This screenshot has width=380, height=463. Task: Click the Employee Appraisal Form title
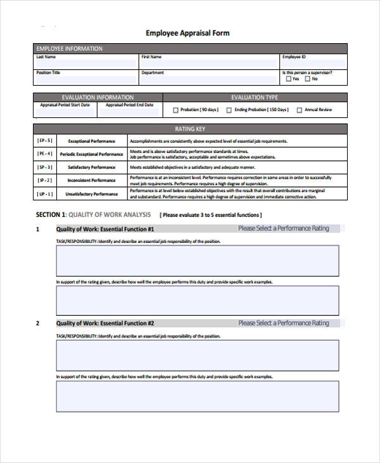pyautogui.click(x=187, y=33)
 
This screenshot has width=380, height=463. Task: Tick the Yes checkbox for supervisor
pyautogui.click(x=288, y=79)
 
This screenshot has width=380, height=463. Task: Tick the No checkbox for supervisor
pyautogui.click(x=307, y=79)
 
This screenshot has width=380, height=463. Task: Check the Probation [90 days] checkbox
pyautogui.click(x=175, y=110)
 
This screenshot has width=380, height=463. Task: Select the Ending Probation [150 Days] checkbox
pyautogui.click(x=229, y=110)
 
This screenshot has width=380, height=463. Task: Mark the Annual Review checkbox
pyautogui.click(x=299, y=110)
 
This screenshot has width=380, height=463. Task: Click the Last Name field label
pyautogui.click(x=46, y=57)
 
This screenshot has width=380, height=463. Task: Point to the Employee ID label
pyautogui.click(x=294, y=57)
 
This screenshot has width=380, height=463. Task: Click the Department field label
pyautogui.click(x=153, y=73)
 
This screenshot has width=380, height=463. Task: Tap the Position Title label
pyautogui.click(x=49, y=73)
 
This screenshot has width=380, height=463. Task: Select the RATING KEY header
pyautogui.click(x=189, y=129)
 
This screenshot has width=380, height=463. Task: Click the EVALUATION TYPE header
pyautogui.click(x=255, y=97)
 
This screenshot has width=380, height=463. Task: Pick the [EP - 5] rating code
pyautogui.click(x=45, y=140)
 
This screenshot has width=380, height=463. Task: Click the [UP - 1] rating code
pyautogui.click(x=45, y=194)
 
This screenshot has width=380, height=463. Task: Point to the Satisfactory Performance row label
pyautogui.click(x=91, y=167)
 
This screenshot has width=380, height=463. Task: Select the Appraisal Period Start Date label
pyautogui.click(x=65, y=105)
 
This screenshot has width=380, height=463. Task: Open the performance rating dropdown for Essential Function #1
pyautogui.click(x=283, y=228)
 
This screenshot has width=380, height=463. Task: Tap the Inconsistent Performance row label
pyautogui.click(x=91, y=181)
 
